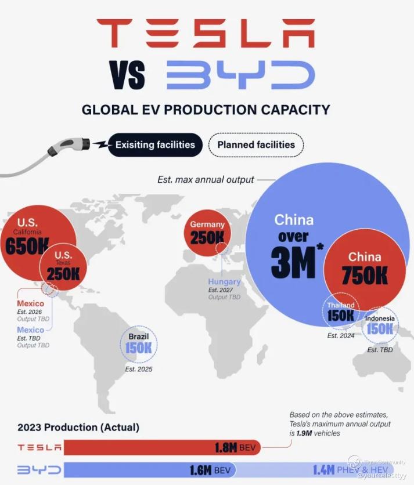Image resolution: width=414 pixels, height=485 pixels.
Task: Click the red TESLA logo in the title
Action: click(x=206, y=33)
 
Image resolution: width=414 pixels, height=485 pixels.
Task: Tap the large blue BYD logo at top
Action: click(x=240, y=75)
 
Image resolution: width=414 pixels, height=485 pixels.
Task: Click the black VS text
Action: click(x=127, y=75)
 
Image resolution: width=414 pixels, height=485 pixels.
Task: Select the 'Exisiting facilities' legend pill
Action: click(x=155, y=145)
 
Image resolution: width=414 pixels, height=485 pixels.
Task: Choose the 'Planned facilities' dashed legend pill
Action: click(x=256, y=145)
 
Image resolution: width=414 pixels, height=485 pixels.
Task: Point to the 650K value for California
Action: click(x=27, y=246)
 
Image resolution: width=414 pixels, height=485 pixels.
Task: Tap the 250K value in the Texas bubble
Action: click(x=63, y=274)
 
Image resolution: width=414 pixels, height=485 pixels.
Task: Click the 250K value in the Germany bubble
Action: click(x=207, y=237)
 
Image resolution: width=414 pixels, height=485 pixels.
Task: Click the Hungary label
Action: click(x=224, y=282)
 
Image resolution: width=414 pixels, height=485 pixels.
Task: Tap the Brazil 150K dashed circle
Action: click(x=139, y=344)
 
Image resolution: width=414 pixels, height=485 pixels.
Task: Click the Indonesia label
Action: click(x=380, y=318)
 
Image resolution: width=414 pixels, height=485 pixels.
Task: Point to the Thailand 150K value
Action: click(x=341, y=316)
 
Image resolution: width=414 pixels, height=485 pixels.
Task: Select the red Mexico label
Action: click(x=30, y=303)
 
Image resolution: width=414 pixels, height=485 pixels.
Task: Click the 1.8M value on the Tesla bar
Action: click(x=226, y=447)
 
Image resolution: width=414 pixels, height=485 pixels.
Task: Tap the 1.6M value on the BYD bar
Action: click(x=201, y=470)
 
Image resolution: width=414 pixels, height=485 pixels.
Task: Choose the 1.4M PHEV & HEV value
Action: click(x=350, y=470)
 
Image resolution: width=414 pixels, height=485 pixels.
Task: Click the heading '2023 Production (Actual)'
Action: click(x=78, y=427)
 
